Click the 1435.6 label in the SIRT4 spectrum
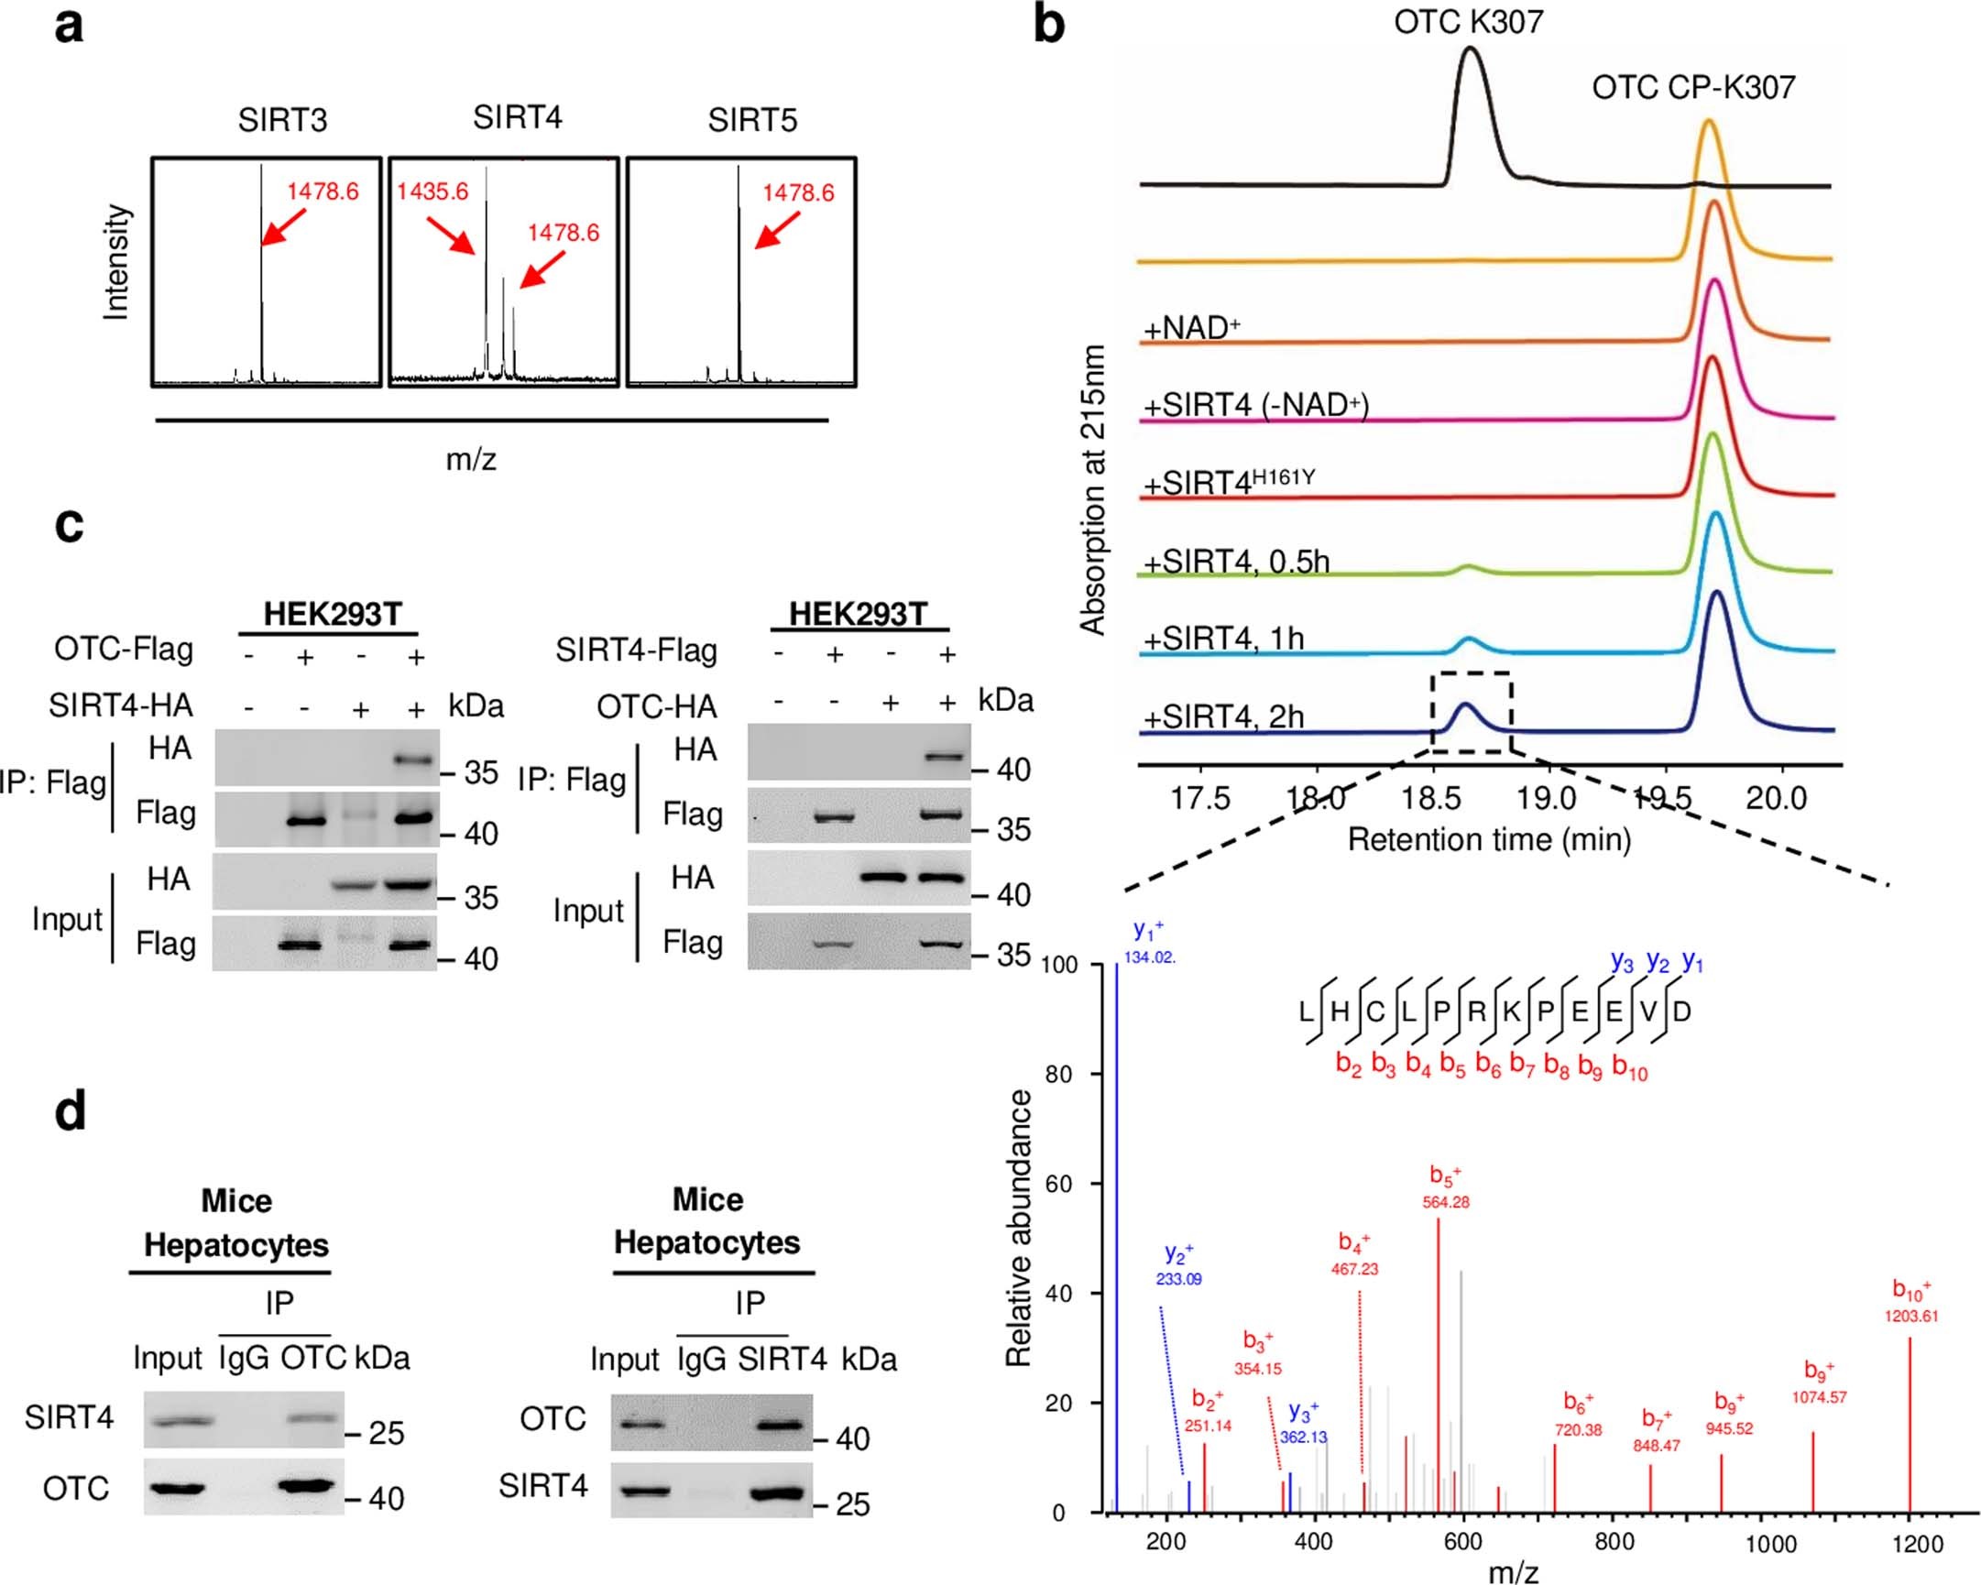(432, 192)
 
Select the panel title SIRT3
(282, 120)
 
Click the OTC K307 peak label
(1468, 22)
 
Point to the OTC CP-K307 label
(1692, 88)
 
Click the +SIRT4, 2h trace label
(1224, 716)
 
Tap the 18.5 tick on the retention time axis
(1431, 799)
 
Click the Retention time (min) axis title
(1489, 839)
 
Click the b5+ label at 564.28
(1445, 1188)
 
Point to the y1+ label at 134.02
(1148, 944)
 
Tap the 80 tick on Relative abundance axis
(1058, 1074)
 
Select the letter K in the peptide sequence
(1511, 1011)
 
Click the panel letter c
(69, 525)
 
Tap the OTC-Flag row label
(124, 650)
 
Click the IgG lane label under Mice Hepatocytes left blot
(244, 1358)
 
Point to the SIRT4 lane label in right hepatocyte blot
(782, 1359)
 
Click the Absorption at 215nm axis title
(1091, 491)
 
